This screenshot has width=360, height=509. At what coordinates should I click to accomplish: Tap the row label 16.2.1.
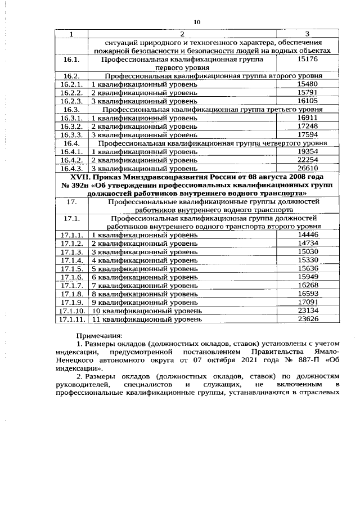pyautogui.click(x=72, y=84)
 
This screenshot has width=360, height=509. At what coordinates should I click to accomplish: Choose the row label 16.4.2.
pyautogui.click(x=72, y=160)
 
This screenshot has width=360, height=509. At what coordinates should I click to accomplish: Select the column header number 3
pyautogui.click(x=307, y=35)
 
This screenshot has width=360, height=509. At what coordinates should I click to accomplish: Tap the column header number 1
pyautogui.click(x=71, y=35)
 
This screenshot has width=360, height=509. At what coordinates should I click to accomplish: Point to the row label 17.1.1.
pyautogui.click(x=72, y=235)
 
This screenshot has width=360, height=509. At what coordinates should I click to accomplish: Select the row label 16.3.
pyautogui.click(x=71, y=109)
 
